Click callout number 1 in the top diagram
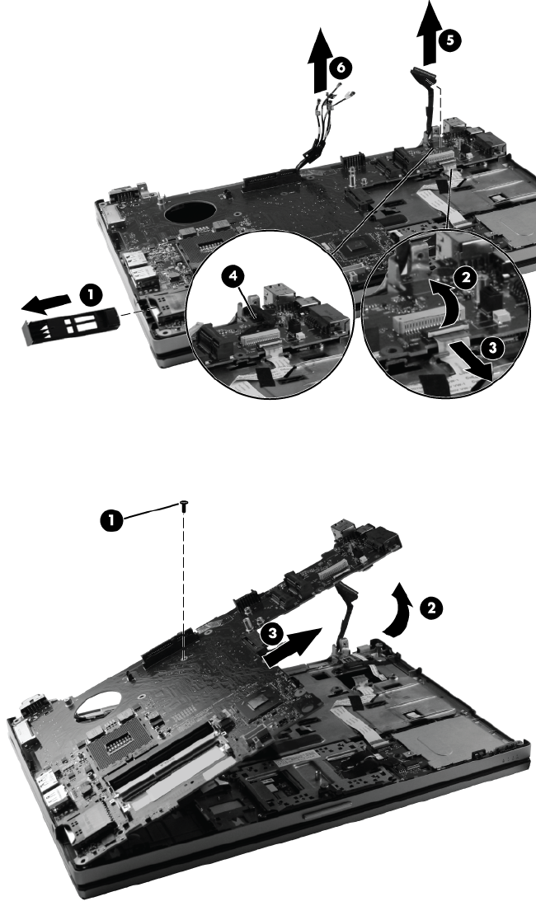tap(90, 295)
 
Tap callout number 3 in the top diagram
tap(492, 347)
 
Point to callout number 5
tap(449, 40)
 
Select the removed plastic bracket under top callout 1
tap(70, 326)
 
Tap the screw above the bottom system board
tap(183, 505)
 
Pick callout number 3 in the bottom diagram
tap(270, 634)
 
